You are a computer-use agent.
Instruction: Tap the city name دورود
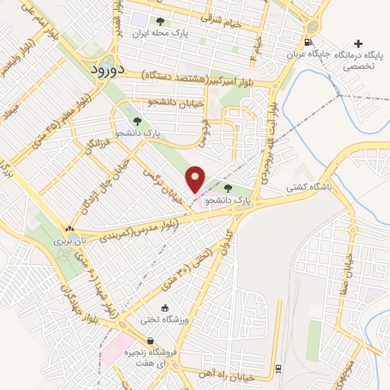click(x=107, y=69)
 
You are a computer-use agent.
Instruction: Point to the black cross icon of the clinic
click(x=360, y=43)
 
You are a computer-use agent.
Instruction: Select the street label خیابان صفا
click(x=352, y=259)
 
